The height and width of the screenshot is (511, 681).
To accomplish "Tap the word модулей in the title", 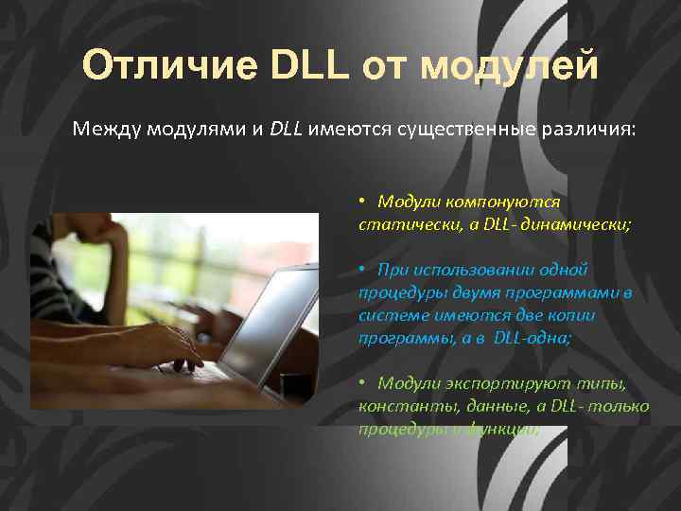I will (x=509, y=66).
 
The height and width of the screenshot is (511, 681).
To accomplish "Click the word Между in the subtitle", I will (x=107, y=129).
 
